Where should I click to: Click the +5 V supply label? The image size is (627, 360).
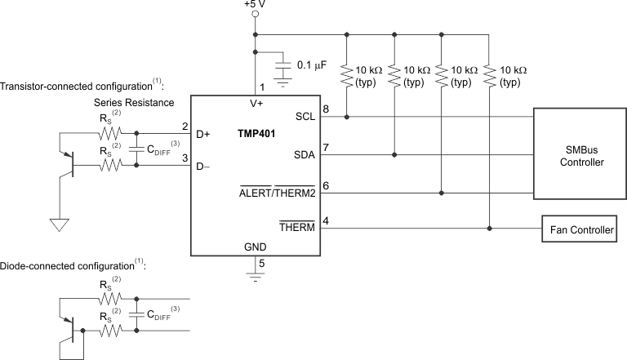click(x=255, y=5)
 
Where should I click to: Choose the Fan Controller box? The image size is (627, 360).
click(x=580, y=230)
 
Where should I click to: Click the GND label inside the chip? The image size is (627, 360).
click(x=256, y=246)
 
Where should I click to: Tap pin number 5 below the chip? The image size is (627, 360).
click(x=262, y=264)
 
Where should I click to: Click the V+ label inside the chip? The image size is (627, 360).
click(x=256, y=104)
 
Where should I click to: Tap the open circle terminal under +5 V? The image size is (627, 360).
click(x=256, y=16)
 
